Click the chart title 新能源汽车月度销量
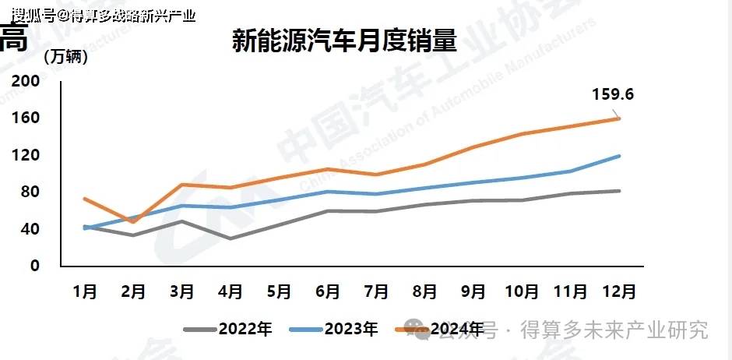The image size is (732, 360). [343, 41]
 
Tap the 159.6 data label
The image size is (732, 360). [614, 95]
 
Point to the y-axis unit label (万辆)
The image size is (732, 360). [66, 57]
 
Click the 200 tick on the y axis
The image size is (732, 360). [25, 81]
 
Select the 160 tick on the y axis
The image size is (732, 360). [25, 118]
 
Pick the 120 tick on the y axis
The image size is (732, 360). [25, 155]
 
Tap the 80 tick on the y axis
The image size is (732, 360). [29, 192]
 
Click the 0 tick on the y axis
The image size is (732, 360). [33, 266]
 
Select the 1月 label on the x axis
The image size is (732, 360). [85, 291]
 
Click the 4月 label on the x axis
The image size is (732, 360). [231, 291]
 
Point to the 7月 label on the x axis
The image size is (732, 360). [376, 291]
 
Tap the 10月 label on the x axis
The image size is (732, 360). [522, 291]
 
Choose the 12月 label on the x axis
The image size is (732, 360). [619, 291]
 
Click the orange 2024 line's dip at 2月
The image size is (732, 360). [133, 222]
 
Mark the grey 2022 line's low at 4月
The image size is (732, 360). [231, 238]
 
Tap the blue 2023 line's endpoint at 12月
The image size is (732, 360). [619, 156]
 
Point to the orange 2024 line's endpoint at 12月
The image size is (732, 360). [619, 118]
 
